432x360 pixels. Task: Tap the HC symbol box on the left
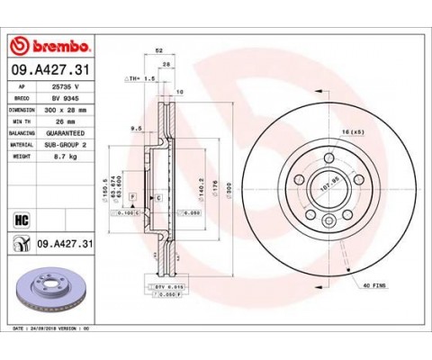tap(18, 217)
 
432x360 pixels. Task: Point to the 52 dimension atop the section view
tap(159, 52)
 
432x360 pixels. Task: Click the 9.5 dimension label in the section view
tap(138, 129)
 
